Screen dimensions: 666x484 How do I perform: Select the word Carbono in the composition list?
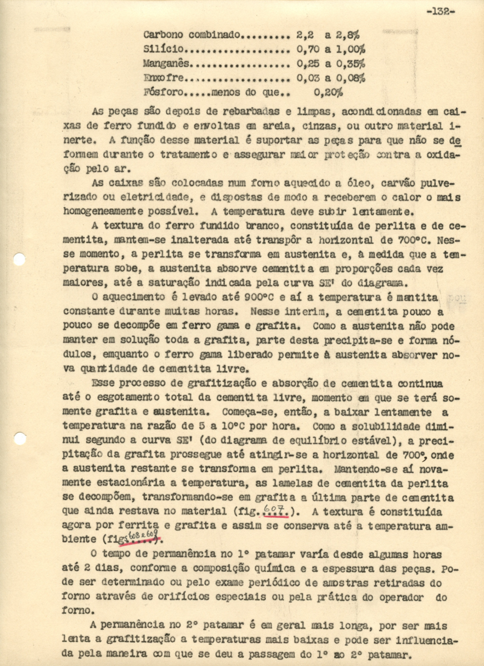pyautogui.click(x=162, y=35)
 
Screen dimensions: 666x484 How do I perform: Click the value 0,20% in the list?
pyautogui.click(x=328, y=92)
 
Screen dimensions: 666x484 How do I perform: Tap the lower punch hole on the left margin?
pyautogui.click(x=19, y=438)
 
